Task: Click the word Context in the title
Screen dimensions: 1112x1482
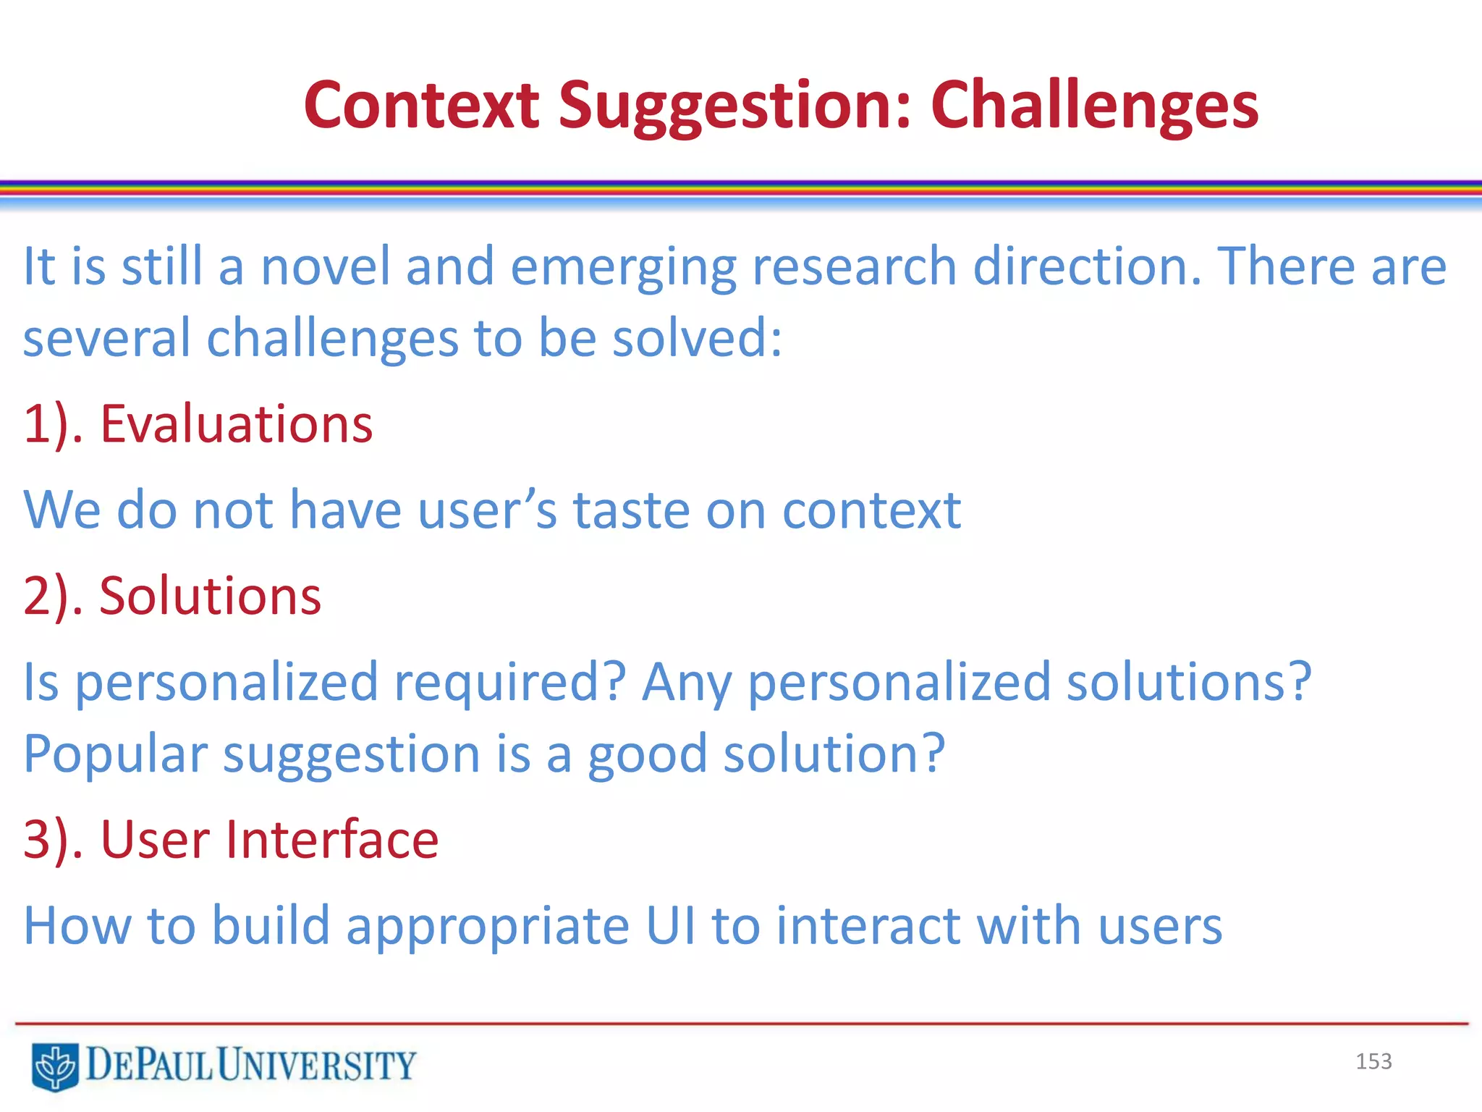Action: (421, 106)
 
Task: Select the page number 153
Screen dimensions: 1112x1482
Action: (1373, 1061)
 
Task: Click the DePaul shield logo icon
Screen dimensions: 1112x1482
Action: (55, 1066)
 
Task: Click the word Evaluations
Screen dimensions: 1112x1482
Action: (236, 424)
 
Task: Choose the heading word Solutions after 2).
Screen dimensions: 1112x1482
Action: (210, 597)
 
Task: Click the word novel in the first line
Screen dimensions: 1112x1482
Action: (326, 266)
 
